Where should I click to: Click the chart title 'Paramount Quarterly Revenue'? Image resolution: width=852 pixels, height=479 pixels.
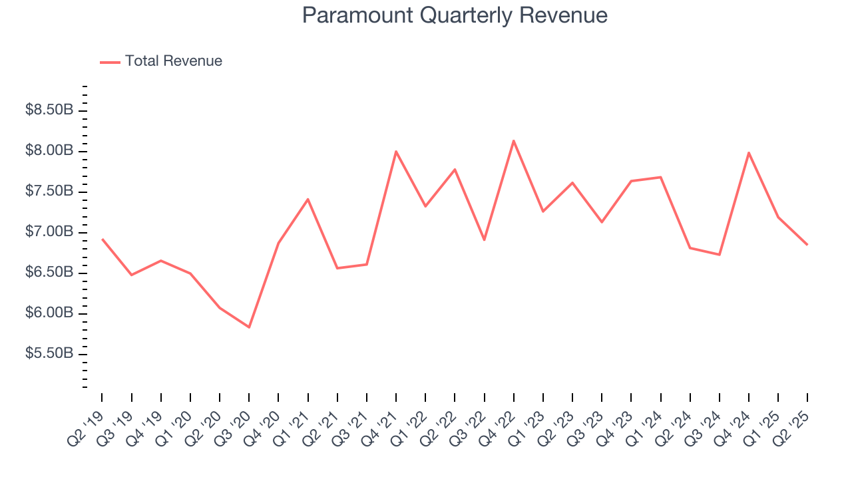[x=455, y=15]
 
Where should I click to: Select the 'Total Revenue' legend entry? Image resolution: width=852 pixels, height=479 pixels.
[x=173, y=61]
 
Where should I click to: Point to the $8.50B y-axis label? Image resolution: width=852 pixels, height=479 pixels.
[x=49, y=110]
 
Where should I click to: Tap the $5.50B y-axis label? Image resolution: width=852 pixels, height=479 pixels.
[x=49, y=354]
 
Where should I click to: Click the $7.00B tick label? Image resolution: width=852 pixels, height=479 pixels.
[x=49, y=232]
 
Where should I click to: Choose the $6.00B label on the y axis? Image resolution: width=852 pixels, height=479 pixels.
[x=49, y=313]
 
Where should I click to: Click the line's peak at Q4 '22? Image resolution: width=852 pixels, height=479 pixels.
[x=514, y=140]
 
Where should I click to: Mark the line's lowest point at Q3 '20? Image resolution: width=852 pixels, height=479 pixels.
[x=249, y=327]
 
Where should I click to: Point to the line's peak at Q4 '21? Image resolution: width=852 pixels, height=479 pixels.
[x=396, y=151]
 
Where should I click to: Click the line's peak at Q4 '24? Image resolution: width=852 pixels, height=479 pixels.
[x=749, y=152]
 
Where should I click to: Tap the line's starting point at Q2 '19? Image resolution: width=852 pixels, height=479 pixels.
[x=102, y=239]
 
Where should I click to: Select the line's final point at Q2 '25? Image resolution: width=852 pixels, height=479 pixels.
[x=807, y=245]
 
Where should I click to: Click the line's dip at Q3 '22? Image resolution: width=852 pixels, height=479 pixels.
[x=484, y=239]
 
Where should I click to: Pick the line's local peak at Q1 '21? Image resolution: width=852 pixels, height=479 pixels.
[x=308, y=199]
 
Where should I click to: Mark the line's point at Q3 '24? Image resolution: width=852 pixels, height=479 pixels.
[x=720, y=254]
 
